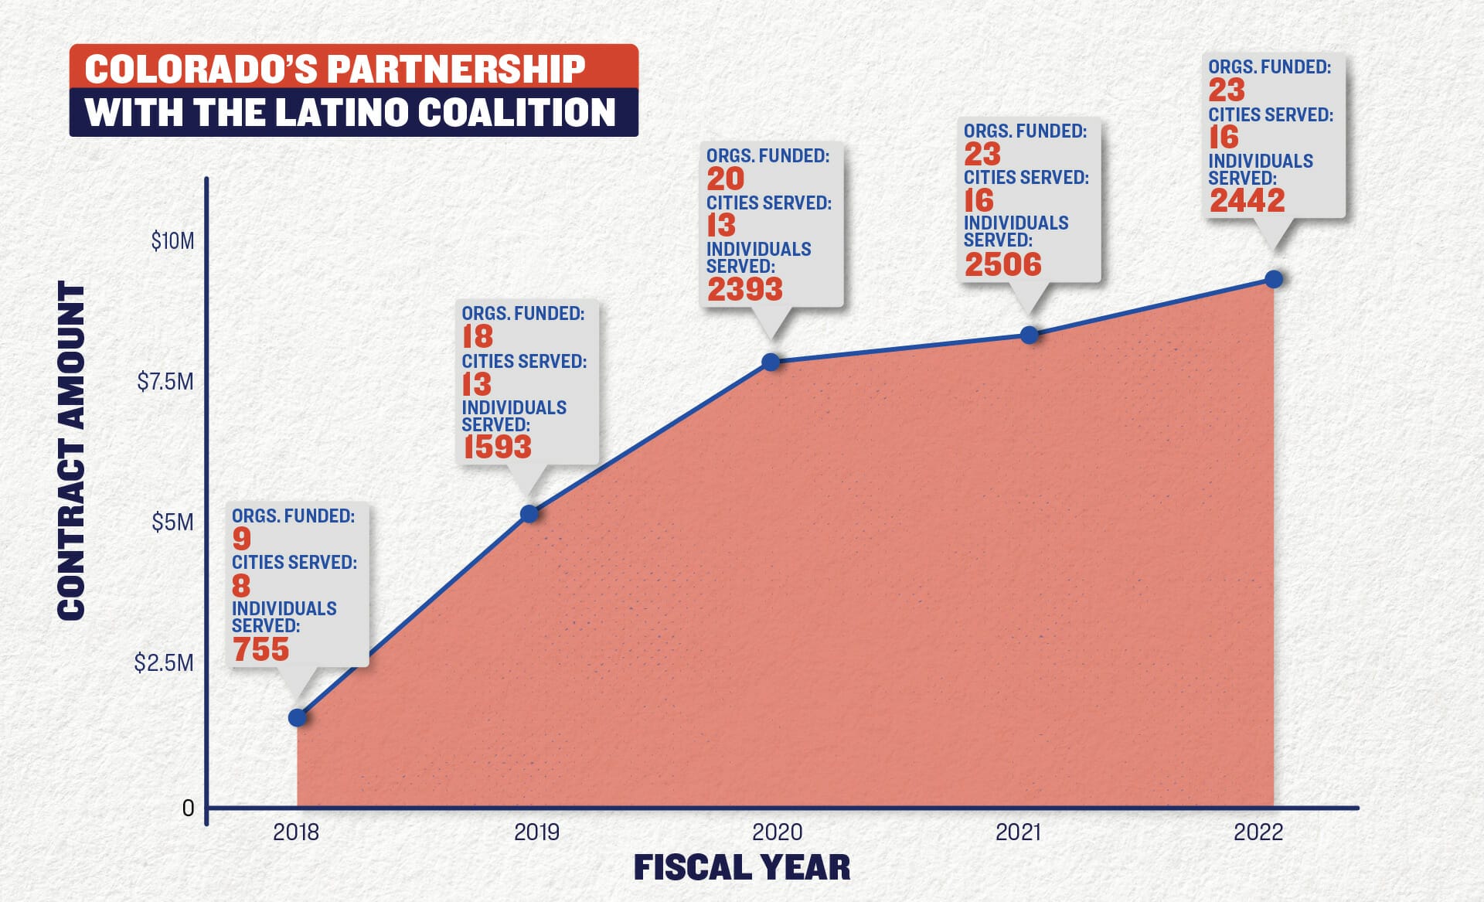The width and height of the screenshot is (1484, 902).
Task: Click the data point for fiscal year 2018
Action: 298,717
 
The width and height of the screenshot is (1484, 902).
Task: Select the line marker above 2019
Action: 529,513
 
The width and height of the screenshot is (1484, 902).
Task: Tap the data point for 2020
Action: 771,362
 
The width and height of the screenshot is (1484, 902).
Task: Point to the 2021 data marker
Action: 1029,335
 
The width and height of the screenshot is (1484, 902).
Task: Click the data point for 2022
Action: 1274,279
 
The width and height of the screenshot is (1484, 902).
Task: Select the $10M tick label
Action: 172,241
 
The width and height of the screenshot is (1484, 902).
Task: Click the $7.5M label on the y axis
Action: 165,381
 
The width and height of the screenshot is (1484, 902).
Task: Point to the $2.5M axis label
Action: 164,662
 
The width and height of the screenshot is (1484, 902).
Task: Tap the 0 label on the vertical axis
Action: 188,808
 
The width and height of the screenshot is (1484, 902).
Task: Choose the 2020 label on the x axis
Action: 778,832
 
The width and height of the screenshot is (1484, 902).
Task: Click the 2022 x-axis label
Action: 1258,832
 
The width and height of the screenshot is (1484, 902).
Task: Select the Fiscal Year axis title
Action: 742,867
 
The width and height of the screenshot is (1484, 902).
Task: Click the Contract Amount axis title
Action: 72,450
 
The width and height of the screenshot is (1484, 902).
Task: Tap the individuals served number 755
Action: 261,649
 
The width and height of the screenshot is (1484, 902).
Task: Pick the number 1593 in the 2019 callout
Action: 497,447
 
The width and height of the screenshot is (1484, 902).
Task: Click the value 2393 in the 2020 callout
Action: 745,289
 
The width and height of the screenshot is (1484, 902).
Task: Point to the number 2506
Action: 1003,264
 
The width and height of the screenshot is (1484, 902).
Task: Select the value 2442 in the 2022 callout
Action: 1247,200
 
